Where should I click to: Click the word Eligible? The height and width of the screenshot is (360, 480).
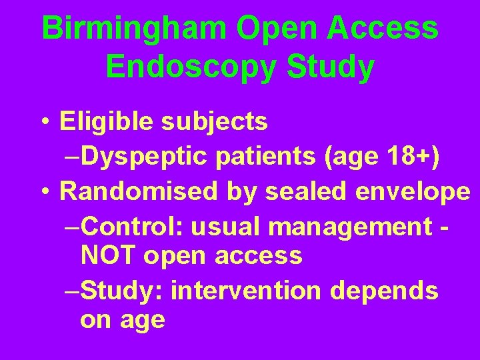pyautogui.click(x=99, y=121)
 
